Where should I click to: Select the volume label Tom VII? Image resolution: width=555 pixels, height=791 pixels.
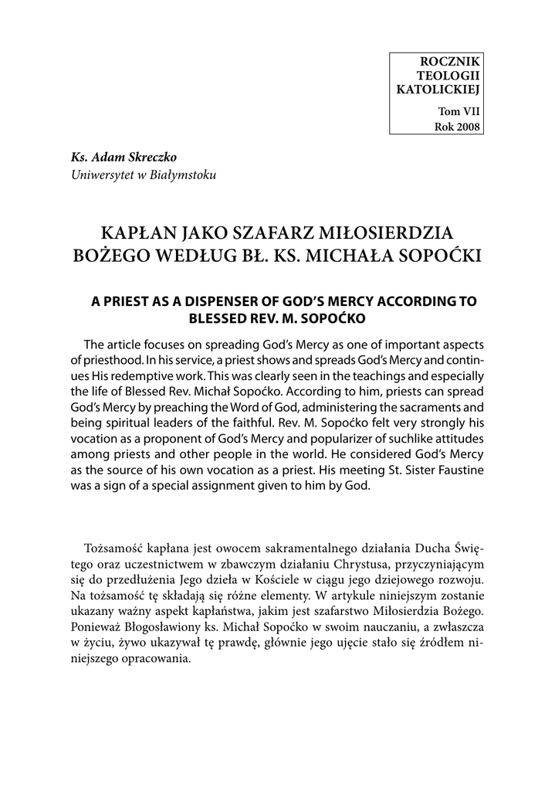[x=459, y=112]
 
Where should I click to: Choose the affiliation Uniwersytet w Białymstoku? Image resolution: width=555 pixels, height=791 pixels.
[x=144, y=175]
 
